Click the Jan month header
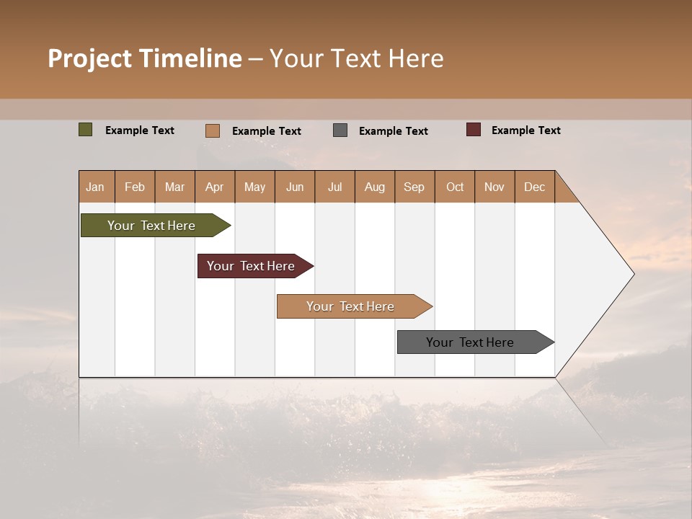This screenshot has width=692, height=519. pyautogui.click(x=95, y=187)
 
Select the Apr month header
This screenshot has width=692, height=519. pyautogui.click(x=214, y=187)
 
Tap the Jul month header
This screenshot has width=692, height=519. pyautogui.click(x=334, y=187)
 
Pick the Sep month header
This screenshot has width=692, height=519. pyautogui.click(x=414, y=187)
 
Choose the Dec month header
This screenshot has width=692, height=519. pyautogui.click(x=534, y=187)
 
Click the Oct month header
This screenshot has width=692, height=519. pyautogui.click(x=455, y=187)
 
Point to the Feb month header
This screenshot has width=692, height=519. pyautogui.click(x=135, y=187)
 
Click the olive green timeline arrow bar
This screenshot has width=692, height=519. pyautogui.click(x=152, y=226)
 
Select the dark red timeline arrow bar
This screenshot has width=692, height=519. pyautogui.click(x=251, y=266)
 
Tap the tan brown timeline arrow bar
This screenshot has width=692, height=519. pyautogui.click(x=350, y=306)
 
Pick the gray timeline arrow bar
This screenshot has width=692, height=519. pyautogui.click(x=470, y=342)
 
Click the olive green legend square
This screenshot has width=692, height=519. pyautogui.click(x=85, y=130)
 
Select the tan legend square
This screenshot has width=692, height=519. pyautogui.click(x=212, y=130)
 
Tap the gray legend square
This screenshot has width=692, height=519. pyautogui.click(x=340, y=130)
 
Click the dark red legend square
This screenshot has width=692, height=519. pyautogui.click(x=473, y=130)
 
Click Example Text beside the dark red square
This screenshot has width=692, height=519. pyautogui.click(x=525, y=130)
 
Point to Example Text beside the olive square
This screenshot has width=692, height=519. pyautogui.click(x=140, y=130)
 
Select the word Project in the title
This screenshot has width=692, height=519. pyautogui.click(x=90, y=58)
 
